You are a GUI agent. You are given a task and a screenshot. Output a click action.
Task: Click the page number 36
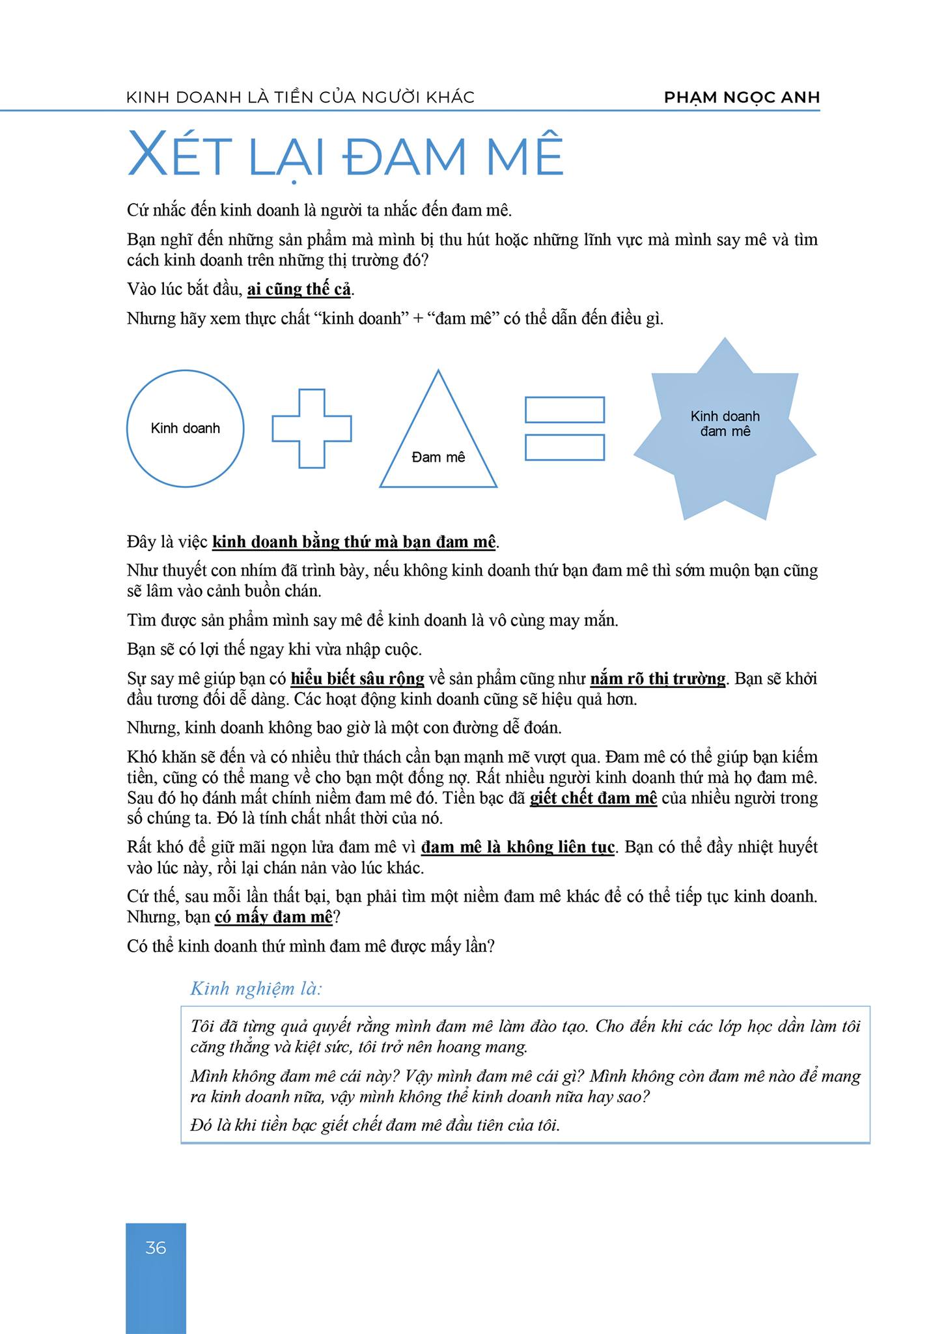[156, 1247]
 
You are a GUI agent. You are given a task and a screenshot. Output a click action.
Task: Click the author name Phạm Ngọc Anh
[742, 98]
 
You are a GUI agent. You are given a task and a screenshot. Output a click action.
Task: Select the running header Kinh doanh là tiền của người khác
[300, 98]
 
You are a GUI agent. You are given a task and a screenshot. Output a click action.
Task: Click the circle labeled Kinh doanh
[185, 428]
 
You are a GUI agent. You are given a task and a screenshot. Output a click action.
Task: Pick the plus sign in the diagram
[311, 428]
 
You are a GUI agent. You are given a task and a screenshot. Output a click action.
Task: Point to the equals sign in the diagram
[564, 428]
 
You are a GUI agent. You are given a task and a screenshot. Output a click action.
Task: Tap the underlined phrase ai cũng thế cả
[299, 289]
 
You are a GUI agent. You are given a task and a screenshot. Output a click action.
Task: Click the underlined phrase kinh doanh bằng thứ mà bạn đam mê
[355, 542]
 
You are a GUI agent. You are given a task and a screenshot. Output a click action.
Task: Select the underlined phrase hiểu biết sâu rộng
[357, 679]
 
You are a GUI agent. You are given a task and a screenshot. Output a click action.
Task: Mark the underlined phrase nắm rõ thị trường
[658, 679]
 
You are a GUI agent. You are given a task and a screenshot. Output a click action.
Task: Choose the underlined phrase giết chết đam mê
[593, 798]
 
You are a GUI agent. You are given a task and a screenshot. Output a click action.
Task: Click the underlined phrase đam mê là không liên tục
[518, 847]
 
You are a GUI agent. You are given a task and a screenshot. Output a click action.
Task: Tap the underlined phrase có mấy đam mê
[273, 917]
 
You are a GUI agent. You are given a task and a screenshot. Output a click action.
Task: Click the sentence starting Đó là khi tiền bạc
[375, 1126]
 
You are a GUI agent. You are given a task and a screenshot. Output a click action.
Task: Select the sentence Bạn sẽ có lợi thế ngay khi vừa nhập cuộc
[275, 649]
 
